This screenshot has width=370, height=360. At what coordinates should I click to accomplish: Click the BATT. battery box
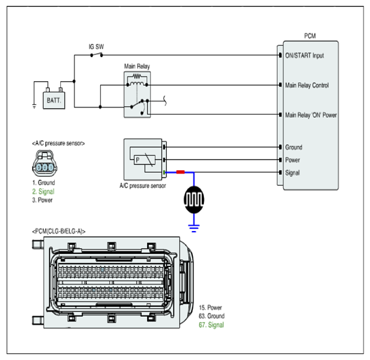(54, 100)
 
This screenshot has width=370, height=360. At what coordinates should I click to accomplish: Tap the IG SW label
(96, 46)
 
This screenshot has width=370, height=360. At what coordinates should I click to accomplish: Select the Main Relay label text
(137, 66)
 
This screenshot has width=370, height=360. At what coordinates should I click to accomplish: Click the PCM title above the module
(310, 36)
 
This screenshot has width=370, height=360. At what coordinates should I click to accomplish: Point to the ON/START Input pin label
(305, 56)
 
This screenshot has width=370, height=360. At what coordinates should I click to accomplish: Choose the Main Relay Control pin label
(307, 85)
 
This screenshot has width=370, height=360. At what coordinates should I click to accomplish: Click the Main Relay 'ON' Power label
(311, 115)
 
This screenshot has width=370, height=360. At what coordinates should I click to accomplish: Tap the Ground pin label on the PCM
(294, 147)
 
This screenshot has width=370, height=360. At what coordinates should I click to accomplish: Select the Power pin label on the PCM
(293, 160)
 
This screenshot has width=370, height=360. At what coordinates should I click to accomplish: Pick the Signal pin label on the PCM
(292, 173)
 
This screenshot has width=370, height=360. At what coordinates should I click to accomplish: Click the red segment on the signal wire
(180, 172)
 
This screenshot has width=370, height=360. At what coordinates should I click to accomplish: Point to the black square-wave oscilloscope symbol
(194, 200)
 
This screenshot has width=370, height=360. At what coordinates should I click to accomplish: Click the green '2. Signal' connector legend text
(43, 191)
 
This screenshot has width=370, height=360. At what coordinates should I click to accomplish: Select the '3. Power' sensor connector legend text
(42, 200)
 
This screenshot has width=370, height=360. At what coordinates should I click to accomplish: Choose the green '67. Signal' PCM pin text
(211, 325)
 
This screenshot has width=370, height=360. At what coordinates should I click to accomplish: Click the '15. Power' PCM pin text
(210, 308)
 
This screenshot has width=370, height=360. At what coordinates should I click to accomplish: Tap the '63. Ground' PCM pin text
(212, 316)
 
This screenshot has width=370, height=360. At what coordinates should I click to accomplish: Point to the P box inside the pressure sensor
(144, 160)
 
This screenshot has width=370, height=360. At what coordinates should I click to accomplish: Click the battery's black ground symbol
(35, 107)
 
